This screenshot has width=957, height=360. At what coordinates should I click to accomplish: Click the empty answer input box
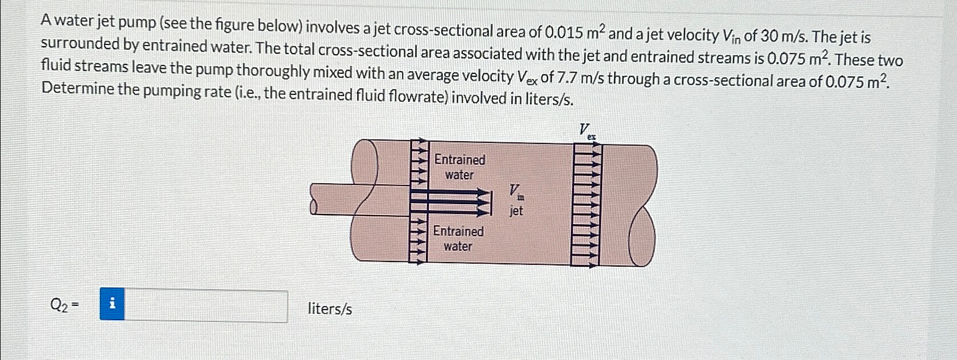coord(206,306)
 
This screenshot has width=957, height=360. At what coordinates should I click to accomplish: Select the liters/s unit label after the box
coord(330,309)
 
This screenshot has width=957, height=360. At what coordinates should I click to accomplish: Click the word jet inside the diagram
coord(516,211)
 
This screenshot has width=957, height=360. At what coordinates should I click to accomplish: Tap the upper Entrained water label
coord(459,167)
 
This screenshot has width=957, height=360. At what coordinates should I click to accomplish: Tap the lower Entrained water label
coord(458,239)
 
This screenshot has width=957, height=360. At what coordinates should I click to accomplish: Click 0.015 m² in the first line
coord(574,32)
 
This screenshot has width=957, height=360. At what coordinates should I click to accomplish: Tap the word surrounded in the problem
coord(77,44)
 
